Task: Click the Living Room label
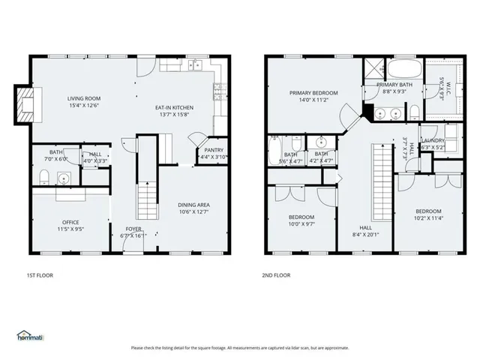[84, 98]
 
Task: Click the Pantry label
[208, 150]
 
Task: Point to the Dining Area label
[193, 205]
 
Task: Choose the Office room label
[70, 222]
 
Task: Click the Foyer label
[133, 229]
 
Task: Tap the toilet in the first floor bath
[44, 177]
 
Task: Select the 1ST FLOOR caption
[39, 275]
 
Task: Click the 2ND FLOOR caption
[276, 275]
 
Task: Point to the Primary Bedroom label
[313, 93]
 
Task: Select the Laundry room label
[433, 140]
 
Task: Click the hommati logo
[30, 334]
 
